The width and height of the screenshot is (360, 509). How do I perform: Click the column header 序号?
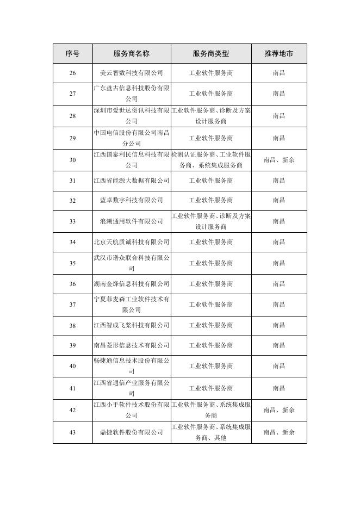point(72,54)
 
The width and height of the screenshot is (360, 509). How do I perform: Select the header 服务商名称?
point(132,54)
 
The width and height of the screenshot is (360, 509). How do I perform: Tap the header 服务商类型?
point(211,54)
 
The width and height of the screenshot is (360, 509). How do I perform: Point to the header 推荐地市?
point(279,54)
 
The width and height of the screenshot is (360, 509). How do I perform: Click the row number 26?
point(72,73)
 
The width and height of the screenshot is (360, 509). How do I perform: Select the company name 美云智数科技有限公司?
point(132,73)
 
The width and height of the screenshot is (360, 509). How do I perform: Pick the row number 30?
point(72,160)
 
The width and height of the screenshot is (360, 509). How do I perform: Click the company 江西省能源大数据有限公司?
point(132,181)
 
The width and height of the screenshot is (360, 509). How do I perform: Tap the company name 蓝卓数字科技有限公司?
point(132,201)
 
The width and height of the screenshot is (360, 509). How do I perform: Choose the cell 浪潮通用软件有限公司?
point(132,221)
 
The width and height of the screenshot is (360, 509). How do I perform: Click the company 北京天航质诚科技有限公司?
point(132,242)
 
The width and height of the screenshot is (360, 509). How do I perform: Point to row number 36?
point(72,284)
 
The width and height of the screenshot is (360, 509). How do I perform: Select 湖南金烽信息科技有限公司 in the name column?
point(132,284)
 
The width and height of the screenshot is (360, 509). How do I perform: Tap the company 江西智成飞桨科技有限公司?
point(132,326)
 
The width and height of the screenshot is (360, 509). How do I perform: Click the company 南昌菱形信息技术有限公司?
point(132,346)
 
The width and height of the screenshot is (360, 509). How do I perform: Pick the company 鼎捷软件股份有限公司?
point(132,432)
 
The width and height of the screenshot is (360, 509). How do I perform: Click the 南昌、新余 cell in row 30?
point(279,160)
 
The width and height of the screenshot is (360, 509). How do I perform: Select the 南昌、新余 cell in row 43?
point(279,432)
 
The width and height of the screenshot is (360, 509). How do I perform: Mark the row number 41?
point(72,388)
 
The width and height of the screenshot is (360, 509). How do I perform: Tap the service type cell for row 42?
point(211,410)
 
